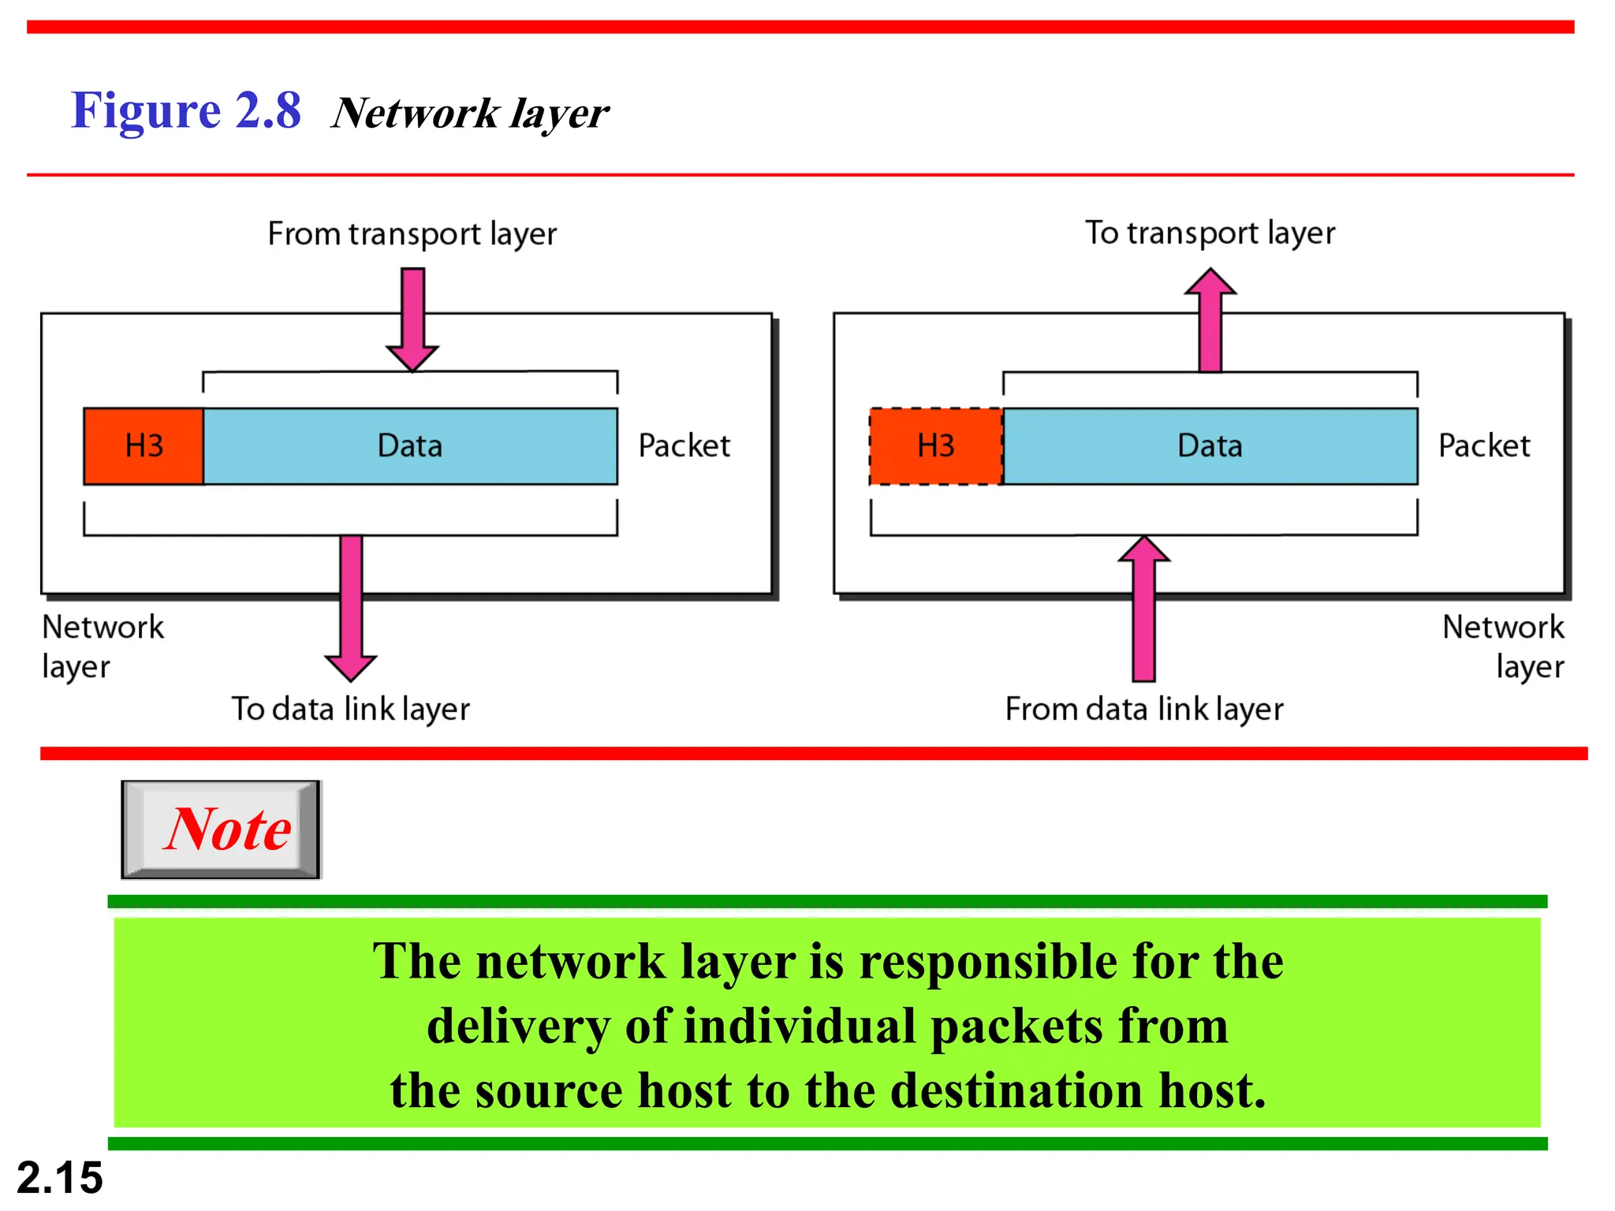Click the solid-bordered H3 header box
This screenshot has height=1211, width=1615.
(144, 446)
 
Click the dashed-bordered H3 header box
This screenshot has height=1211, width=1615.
(935, 446)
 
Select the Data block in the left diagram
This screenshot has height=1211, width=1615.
(410, 446)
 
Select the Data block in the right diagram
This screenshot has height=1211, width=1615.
(1210, 446)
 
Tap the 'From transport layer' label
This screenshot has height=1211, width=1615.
(412, 234)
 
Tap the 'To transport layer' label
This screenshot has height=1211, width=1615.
(1210, 233)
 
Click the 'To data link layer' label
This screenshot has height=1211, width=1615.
(350, 709)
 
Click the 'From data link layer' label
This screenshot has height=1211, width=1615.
(1143, 709)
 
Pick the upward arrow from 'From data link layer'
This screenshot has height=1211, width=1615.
(1144, 607)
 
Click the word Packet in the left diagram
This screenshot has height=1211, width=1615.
(684, 446)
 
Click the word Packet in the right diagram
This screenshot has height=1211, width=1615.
(1483, 446)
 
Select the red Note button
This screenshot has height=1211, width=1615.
(222, 829)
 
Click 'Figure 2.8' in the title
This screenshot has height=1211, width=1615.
(186, 110)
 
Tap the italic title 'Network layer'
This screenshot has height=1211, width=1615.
(470, 114)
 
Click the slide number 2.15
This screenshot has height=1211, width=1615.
(60, 1178)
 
